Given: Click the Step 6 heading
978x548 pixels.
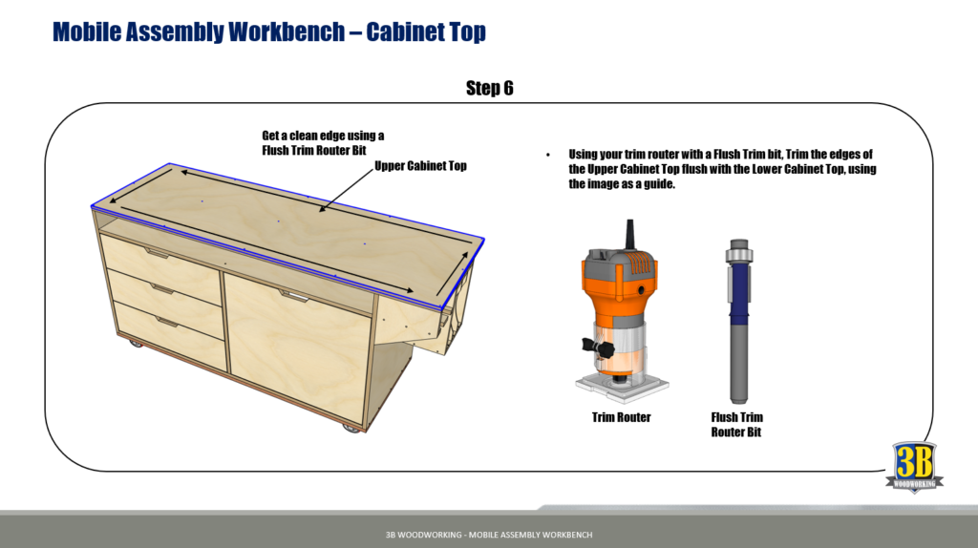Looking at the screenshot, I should pyautogui.click(x=489, y=89).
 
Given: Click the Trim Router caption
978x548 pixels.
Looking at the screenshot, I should pyautogui.click(x=621, y=417).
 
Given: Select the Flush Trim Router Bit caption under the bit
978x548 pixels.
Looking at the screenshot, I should pyautogui.click(x=737, y=425).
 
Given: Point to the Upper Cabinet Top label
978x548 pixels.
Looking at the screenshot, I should pyautogui.click(x=420, y=166).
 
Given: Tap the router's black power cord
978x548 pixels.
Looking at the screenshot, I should pyautogui.click(x=628, y=237).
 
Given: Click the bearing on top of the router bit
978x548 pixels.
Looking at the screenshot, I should pyautogui.click(x=737, y=249).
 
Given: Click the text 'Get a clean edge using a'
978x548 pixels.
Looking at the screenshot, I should pyautogui.click(x=323, y=136).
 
